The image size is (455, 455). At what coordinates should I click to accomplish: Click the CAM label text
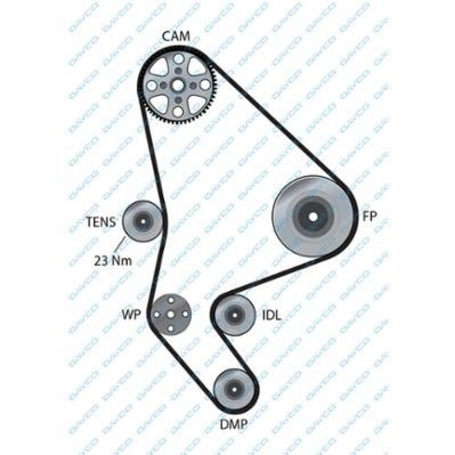click(176, 36)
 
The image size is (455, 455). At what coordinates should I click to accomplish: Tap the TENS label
click(101, 222)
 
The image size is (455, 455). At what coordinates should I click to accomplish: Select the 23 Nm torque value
click(113, 261)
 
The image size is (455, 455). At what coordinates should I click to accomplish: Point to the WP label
click(131, 314)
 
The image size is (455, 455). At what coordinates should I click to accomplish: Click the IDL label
click(272, 315)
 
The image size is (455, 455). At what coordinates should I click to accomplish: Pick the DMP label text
click(234, 425)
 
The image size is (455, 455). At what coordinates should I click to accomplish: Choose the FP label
click(369, 216)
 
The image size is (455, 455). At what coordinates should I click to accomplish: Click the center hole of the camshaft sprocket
click(177, 86)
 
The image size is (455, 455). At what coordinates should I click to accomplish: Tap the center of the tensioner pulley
click(143, 221)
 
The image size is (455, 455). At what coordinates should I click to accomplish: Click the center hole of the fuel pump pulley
click(313, 217)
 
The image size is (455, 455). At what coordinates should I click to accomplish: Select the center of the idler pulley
click(234, 315)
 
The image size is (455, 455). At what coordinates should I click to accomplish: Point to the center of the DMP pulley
click(234, 389)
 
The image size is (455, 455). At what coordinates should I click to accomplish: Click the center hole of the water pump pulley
click(171, 314)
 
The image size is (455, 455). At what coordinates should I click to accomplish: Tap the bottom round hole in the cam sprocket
click(178, 111)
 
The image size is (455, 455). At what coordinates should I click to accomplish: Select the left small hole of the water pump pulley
click(157, 314)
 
